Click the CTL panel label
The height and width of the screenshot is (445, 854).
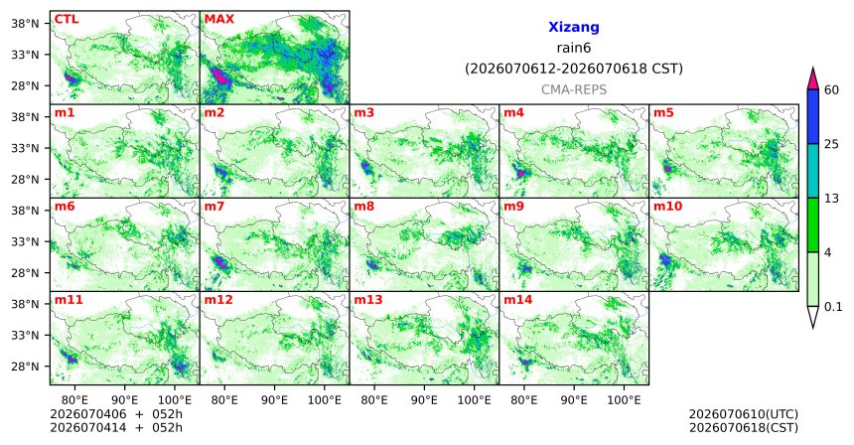click(x=66, y=19)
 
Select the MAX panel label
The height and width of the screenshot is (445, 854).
click(x=218, y=19)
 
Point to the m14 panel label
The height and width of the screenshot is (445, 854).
click(x=518, y=300)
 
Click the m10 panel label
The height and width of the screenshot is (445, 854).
click(x=667, y=207)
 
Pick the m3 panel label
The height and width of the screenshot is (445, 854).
click(x=364, y=113)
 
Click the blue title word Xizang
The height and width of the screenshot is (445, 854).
click(x=574, y=27)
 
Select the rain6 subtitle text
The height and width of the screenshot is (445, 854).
click(x=574, y=48)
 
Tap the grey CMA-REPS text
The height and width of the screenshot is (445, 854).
click(x=574, y=89)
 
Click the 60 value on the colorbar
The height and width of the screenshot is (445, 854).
click(x=832, y=89)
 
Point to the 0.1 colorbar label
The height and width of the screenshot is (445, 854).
click(x=833, y=307)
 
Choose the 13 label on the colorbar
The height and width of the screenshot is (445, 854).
click(x=831, y=199)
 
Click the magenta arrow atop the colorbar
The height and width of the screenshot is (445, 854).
click(x=812, y=78)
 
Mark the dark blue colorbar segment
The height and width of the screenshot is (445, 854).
click(x=812, y=116)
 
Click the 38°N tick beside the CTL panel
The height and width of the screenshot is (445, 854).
click(x=26, y=24)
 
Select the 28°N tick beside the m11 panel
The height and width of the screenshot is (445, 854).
click(x=26, y=367)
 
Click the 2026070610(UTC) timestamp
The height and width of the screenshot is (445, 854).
click(x=744, y=415)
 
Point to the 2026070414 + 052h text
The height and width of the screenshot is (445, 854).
click(x=116, y=427)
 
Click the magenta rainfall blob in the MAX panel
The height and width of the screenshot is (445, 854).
click(x=220, y=76)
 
